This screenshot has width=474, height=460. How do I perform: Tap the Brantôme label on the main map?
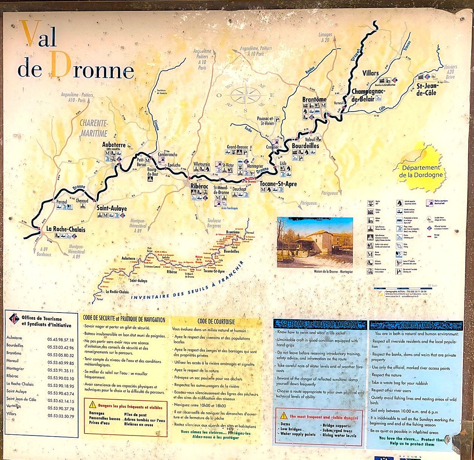314,100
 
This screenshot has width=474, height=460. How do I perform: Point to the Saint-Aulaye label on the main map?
112,208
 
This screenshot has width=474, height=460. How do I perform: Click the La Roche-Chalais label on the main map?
66,229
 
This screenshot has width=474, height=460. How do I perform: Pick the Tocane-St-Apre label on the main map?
278,184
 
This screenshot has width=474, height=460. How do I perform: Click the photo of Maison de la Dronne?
315,242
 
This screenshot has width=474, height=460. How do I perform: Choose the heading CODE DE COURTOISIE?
216,322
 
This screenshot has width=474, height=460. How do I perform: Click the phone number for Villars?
60,416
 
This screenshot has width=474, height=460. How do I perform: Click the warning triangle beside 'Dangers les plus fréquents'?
92,405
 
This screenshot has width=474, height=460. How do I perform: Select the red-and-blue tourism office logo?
14,318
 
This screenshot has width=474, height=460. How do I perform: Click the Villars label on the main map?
370,73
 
